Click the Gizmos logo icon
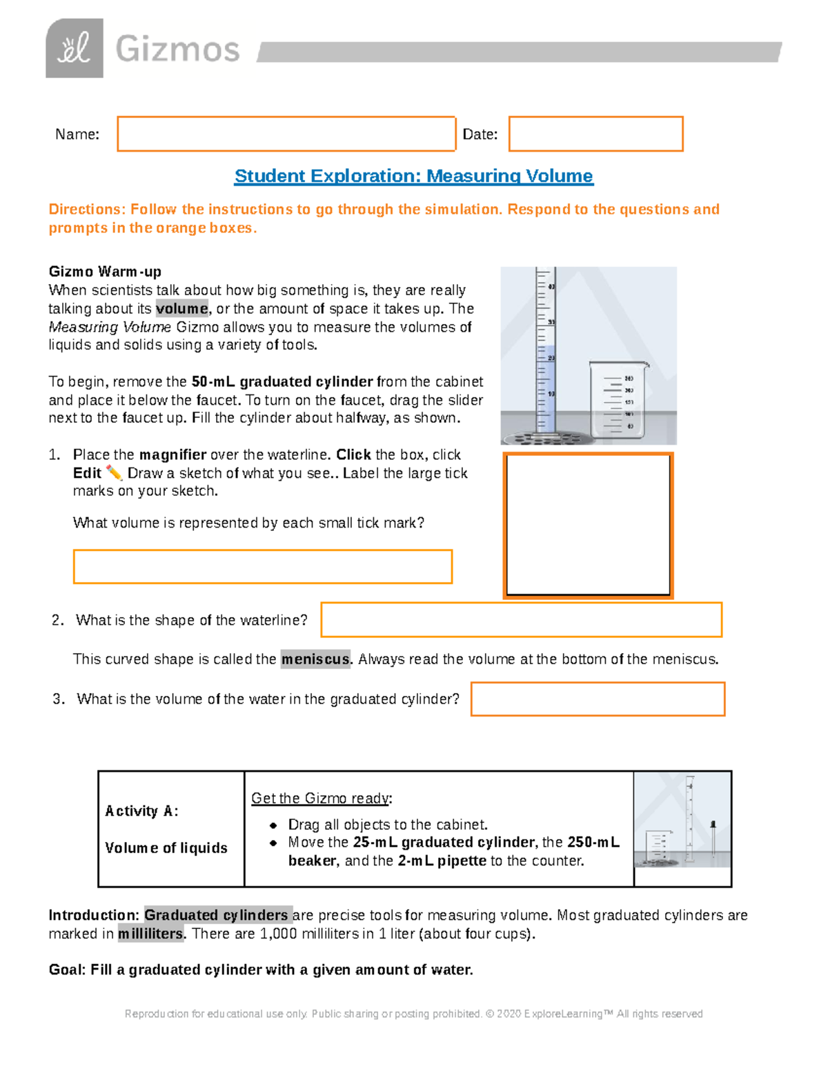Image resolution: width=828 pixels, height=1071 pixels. pos(75,48)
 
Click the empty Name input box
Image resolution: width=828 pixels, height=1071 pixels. pos(286,134)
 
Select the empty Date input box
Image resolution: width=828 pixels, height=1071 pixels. pos(595,134)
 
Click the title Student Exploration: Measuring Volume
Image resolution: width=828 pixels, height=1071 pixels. pos(413,176)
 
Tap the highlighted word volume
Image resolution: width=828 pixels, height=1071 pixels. pos(181,308)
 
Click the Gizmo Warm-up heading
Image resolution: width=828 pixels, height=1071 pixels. pos(105,271)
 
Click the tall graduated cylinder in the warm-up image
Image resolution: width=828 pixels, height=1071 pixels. pos(546,352)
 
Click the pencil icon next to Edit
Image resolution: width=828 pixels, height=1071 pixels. pos(114,473)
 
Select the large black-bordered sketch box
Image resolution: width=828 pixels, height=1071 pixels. pos(588,525)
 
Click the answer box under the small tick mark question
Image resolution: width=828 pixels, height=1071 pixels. pos(262,566)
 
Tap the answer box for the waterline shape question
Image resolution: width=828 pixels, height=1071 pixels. pos(521,619)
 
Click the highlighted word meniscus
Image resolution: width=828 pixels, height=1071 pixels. pos(315,659)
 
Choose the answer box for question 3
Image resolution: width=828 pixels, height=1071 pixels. pos(598,699)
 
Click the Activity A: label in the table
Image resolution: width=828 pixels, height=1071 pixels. pos(141,811)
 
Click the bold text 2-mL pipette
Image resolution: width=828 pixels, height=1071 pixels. pos(442,861)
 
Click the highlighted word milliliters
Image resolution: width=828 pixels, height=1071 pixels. pos(150,934)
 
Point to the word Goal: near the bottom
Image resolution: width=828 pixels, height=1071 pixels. pos(67,970)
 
